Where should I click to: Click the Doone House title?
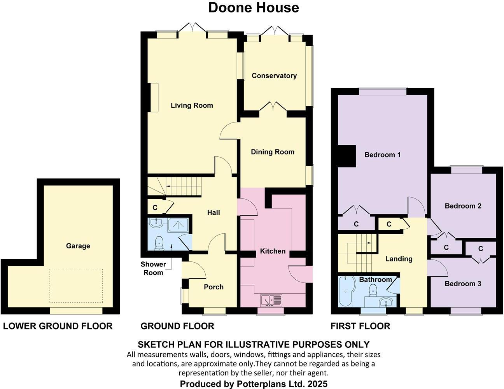coord(254,7)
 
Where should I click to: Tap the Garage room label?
coord(78,246)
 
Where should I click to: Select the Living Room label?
coord(192,105)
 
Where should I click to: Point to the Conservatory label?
coord(274,76)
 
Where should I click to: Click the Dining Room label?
coord(272,152)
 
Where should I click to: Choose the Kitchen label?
coord(273,251)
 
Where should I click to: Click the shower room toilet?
coord(159,243)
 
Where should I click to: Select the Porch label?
coord(213,287)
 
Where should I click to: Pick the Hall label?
coord(213,212)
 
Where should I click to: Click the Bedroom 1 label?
coord(382,155)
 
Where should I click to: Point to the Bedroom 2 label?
coord(463,206)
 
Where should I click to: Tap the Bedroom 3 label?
coord(463,284)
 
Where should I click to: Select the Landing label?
coord(399,259)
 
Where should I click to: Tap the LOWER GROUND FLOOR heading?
coord(58,326)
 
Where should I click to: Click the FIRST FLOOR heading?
coord(360,326)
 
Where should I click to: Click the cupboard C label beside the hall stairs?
coord(155,208)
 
